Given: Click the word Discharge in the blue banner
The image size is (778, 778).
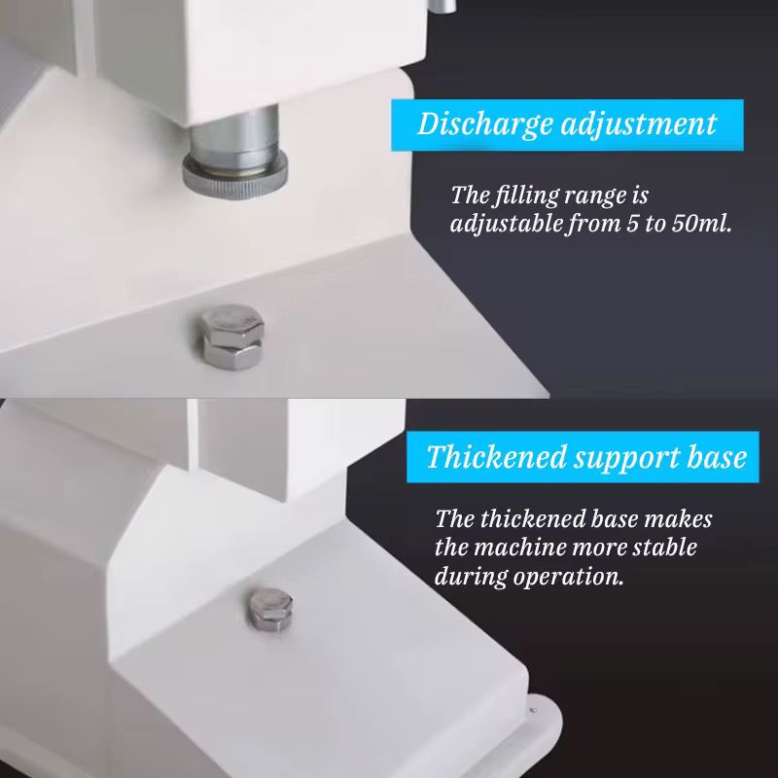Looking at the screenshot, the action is [484, 124].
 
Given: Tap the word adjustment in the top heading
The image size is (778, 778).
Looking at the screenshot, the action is [639, 124].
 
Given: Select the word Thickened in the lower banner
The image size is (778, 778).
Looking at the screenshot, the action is [496, 456].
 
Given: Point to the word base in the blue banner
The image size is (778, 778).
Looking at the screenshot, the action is [717, 456].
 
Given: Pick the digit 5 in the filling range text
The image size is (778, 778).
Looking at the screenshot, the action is [631, 225].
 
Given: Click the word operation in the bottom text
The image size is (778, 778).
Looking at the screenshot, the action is [568, 578].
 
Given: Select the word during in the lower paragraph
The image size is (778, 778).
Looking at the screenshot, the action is [472, 577].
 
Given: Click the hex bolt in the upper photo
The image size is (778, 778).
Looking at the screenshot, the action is [232, 336].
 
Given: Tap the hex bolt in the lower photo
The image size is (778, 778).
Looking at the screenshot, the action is [270, 610].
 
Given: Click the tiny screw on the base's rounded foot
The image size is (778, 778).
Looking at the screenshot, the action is [533, 711].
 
